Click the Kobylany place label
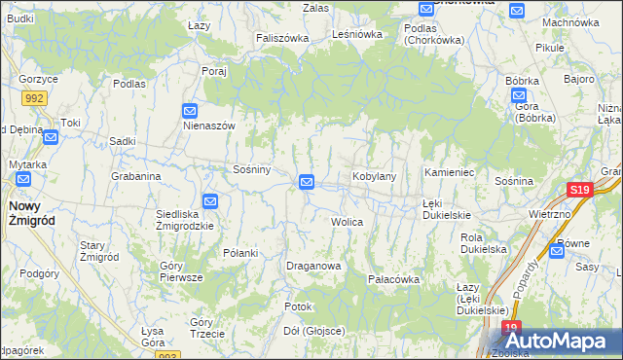tap(374, 176)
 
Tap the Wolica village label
tap(347, 222)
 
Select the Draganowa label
tap(312, 266)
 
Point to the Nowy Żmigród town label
tap(31, 213)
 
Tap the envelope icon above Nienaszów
tap(190, 111)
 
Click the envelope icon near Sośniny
tap(307, 181)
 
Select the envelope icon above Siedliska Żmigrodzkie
tap(209, 200)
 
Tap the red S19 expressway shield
tap(580, 191)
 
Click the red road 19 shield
tap(513, 329)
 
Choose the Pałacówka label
tap(393, 279)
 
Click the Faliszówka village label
tap(282, 38)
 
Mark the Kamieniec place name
tap(449, 172)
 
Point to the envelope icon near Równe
tap(556, 250)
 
